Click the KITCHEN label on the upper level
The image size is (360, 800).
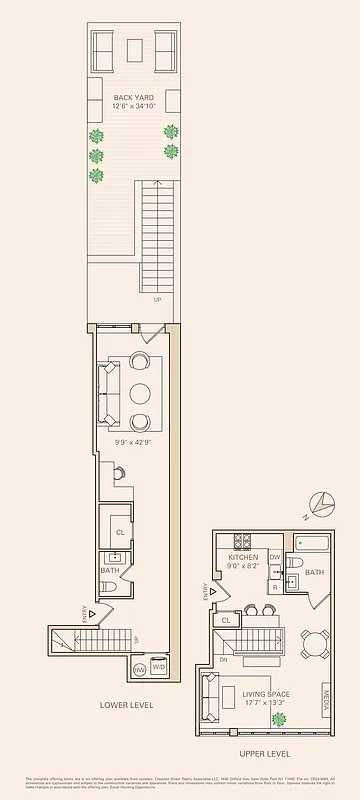click(243, 557)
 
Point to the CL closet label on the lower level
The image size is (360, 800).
click(120, 533)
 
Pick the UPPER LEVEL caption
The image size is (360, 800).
click(264, 753)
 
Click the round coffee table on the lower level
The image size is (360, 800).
click(139, 392)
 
